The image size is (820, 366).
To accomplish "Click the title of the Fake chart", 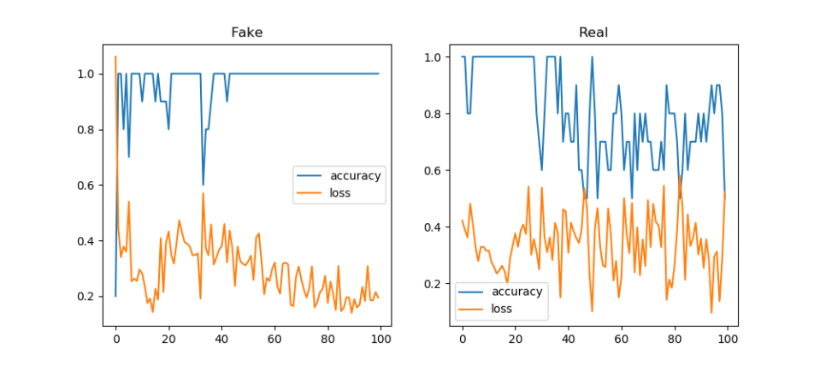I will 247,32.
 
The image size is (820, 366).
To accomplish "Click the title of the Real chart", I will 593,32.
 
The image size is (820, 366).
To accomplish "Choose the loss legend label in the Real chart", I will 501,308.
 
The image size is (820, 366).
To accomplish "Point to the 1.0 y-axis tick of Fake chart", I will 86,74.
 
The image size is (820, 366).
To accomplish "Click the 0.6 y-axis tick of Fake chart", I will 86,186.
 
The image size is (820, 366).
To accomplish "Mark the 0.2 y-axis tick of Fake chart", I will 86,297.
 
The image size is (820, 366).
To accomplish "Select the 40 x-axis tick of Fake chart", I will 221,340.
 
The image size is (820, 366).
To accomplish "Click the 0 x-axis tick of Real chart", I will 462,340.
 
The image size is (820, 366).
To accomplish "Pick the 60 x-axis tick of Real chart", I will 621,340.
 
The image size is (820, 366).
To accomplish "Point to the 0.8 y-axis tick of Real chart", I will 434,114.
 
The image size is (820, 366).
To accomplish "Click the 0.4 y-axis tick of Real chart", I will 434,227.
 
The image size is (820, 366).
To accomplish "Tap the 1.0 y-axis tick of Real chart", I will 434,57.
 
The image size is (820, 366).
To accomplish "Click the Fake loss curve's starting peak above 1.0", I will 115,57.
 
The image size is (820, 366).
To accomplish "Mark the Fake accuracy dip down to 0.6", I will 203,185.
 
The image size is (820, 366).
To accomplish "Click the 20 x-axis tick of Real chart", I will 515,340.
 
